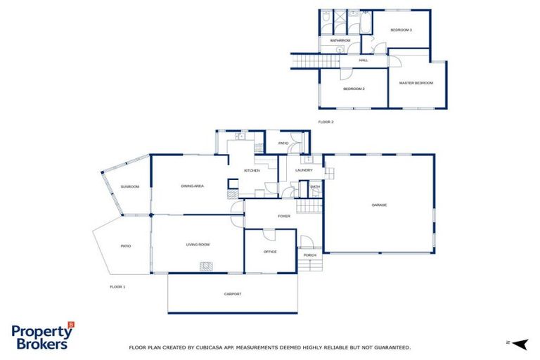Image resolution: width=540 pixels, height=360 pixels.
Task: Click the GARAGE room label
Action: click(x=380, y=205)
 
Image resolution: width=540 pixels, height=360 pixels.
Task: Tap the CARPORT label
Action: click(x=232, y=294)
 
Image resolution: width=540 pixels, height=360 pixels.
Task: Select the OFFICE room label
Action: click(x=270, y=251)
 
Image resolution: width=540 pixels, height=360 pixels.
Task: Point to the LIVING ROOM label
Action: click(x=198, y=245)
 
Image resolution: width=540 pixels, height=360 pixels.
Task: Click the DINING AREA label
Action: click(x=192, y=186)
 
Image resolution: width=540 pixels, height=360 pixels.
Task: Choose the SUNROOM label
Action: click(x=129, y=186)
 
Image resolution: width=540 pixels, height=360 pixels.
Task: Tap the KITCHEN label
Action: click(x=252, y=171)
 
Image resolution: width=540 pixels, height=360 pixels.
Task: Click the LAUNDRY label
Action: click(x=304, y=170)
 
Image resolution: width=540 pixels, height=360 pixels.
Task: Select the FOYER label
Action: click(x=284, y=216)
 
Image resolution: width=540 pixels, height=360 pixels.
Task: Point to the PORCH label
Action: click(x=309, y=255)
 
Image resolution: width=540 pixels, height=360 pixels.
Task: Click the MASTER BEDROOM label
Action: click(x=416, y=83)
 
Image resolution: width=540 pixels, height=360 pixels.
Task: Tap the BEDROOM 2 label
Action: click(x=354, y=89)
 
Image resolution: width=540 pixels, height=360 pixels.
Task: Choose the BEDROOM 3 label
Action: click(x=401, y=30)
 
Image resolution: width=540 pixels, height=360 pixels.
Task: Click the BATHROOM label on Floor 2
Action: click(x=340, y=41)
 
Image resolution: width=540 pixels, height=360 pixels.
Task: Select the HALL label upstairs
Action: click(x=364, y=60)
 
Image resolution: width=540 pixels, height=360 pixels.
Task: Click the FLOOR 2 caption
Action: click(x=326, y=122)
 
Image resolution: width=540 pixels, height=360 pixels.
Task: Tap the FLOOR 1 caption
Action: click(x=117, y=287)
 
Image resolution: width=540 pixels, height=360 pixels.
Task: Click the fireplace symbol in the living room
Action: click(x=206, y=266)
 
